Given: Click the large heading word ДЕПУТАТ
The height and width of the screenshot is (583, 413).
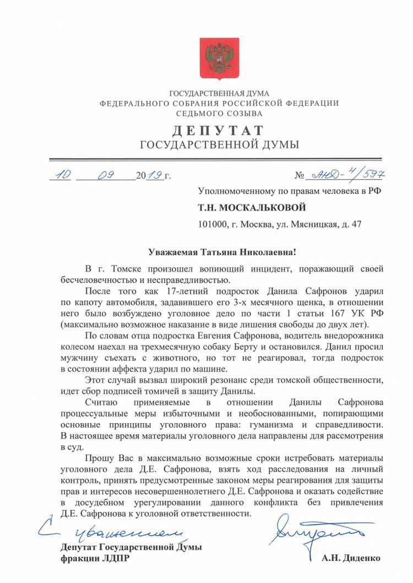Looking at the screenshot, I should [219, 131].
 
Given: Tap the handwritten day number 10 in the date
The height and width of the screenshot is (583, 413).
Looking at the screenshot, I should [60, 175].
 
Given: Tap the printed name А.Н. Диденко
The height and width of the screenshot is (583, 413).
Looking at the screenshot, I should [351, 558].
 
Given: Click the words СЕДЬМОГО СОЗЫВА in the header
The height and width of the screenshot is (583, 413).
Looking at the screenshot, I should [219, 114].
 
